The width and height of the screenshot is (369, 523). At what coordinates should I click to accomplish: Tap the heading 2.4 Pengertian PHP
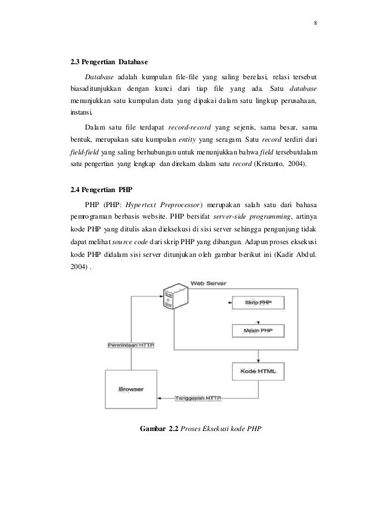pyautogui.click(x=98, y=189)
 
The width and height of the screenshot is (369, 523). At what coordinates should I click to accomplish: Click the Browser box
pyautogui.click(x=131, y=389)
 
